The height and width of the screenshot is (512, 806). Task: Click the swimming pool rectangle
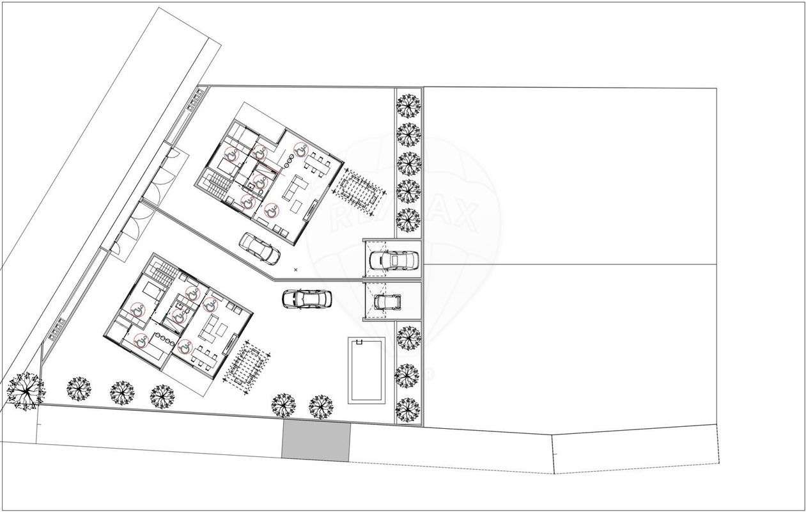point(367,371)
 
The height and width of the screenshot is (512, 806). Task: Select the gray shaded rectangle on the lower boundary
point(316,442)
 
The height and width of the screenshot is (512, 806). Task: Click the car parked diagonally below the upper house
point(260,248)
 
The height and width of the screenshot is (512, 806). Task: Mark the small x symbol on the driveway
point(295,270)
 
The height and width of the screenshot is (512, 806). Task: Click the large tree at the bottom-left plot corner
point(25,390)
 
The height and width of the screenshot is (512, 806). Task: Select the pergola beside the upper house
point(362,191)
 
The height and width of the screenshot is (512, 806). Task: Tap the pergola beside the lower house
point(245,367)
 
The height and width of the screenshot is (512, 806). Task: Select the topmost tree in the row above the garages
point(408,104)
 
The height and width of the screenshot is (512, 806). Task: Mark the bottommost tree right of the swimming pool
point(408,409)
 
